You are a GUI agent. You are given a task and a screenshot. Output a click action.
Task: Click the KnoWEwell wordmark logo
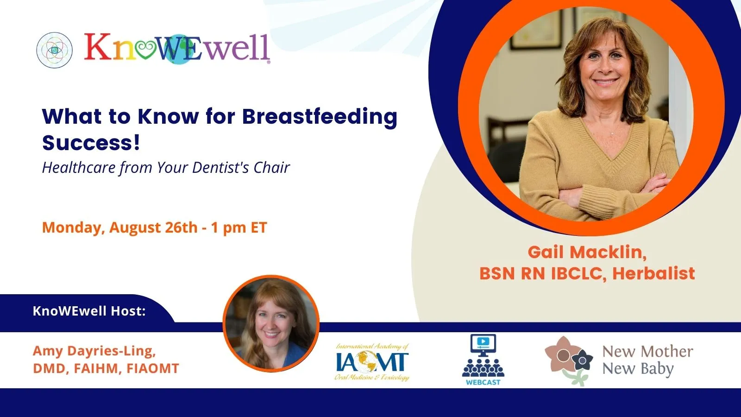[177, 48]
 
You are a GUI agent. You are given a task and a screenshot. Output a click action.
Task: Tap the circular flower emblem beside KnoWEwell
[54, 51]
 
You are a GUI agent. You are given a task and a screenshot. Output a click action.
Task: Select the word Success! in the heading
[91, 143]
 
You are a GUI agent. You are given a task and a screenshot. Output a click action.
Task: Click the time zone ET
[259, 227]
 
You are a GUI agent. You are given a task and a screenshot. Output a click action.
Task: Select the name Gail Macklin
[587, 252]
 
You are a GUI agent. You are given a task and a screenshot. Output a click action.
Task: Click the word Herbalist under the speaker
[653, 273]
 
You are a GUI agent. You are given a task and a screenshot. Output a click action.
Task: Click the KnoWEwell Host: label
[89, 311]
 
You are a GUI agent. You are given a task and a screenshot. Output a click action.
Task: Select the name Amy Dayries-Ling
[94, 351]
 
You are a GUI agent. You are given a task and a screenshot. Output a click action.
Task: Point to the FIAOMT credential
[153, 368]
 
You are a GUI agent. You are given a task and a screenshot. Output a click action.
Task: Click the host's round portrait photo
[271, 323]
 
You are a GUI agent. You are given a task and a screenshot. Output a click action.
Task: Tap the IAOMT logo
[372, 362]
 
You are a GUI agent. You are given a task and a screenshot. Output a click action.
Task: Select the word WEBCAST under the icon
[484, 382]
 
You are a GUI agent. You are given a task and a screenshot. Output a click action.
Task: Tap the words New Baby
[638, 369]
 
